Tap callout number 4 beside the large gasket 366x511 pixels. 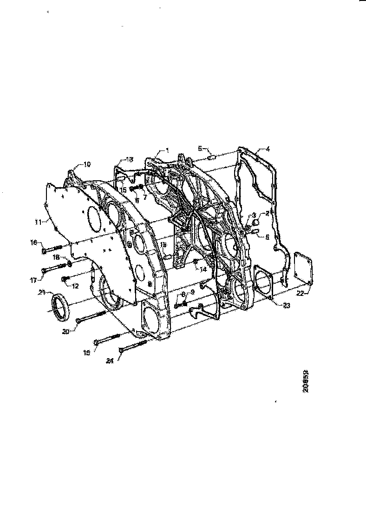pos(268,150)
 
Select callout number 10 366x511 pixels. pos(87,164)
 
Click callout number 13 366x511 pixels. pos(129,158)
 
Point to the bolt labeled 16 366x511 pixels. pos(52,249)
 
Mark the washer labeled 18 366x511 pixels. pos(69,263)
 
